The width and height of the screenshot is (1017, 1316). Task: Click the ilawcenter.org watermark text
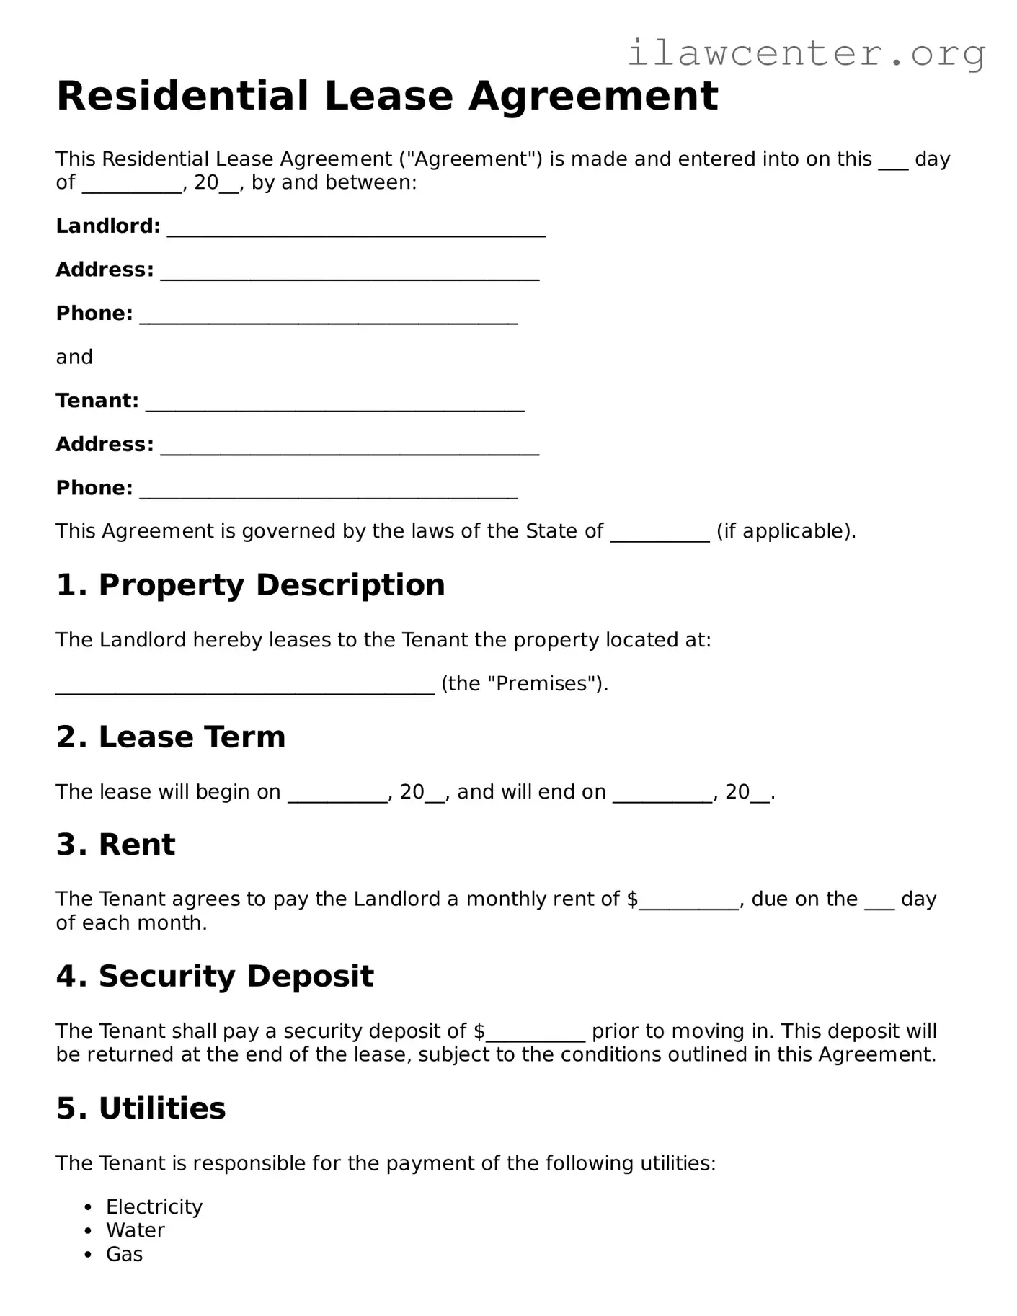[x=806, y=54]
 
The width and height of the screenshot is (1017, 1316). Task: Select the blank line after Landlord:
[x=355, y=228]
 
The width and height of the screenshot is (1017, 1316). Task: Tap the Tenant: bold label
[x=97, y=401]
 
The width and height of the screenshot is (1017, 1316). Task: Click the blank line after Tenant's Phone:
[x=328, y=491]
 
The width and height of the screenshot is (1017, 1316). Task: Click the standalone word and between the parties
[x=74, y=357]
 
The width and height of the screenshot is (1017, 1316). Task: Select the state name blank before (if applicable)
[x=660, y=534]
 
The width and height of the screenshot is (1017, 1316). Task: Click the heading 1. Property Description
[x=250, y=584]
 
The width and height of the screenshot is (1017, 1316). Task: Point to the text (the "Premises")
[x=524, y=683]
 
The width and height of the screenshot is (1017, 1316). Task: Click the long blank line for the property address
[x=245, y=687]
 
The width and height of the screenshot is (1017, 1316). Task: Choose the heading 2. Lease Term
[x=171, y=737]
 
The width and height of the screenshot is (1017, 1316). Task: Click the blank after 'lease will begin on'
[x=337, y=795]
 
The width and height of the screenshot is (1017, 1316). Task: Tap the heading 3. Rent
[x=115, y=844]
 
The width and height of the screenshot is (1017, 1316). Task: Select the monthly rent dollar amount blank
[x=688, y=902]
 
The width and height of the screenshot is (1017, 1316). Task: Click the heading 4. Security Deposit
[x=215, y=976]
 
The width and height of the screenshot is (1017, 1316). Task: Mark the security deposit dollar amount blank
[x=535, y=1034]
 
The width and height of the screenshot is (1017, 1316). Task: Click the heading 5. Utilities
[x=141, y=1108]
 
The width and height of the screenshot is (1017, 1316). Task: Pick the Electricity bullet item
[x=154, y=1206]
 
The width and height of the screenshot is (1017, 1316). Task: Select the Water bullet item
[x=135, y=1230]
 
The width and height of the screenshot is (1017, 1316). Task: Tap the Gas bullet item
[x=124, y=1254]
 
